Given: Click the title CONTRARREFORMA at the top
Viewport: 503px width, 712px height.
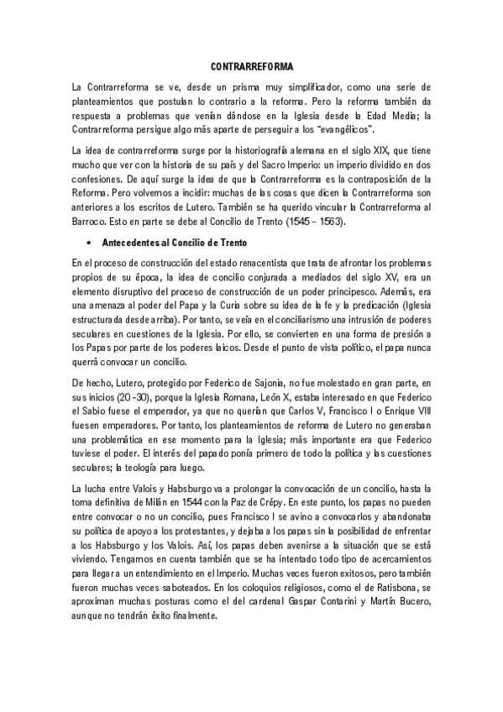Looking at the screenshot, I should pos(252,65).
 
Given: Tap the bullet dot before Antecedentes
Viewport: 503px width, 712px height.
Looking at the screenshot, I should pos(89,242).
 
